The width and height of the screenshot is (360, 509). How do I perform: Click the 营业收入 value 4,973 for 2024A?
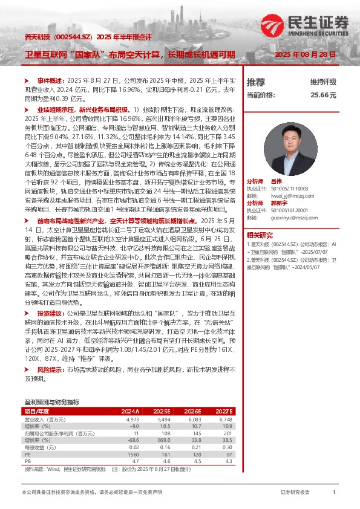(x=133, y=418)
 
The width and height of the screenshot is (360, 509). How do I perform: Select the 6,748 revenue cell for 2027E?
(x=224, y=418)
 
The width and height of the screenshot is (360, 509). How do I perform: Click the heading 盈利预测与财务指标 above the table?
(x=51, y=401)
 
